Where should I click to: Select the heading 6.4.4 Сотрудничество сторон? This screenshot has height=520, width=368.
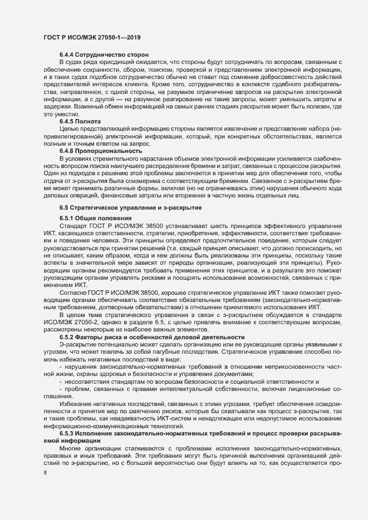tap(104, 55)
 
